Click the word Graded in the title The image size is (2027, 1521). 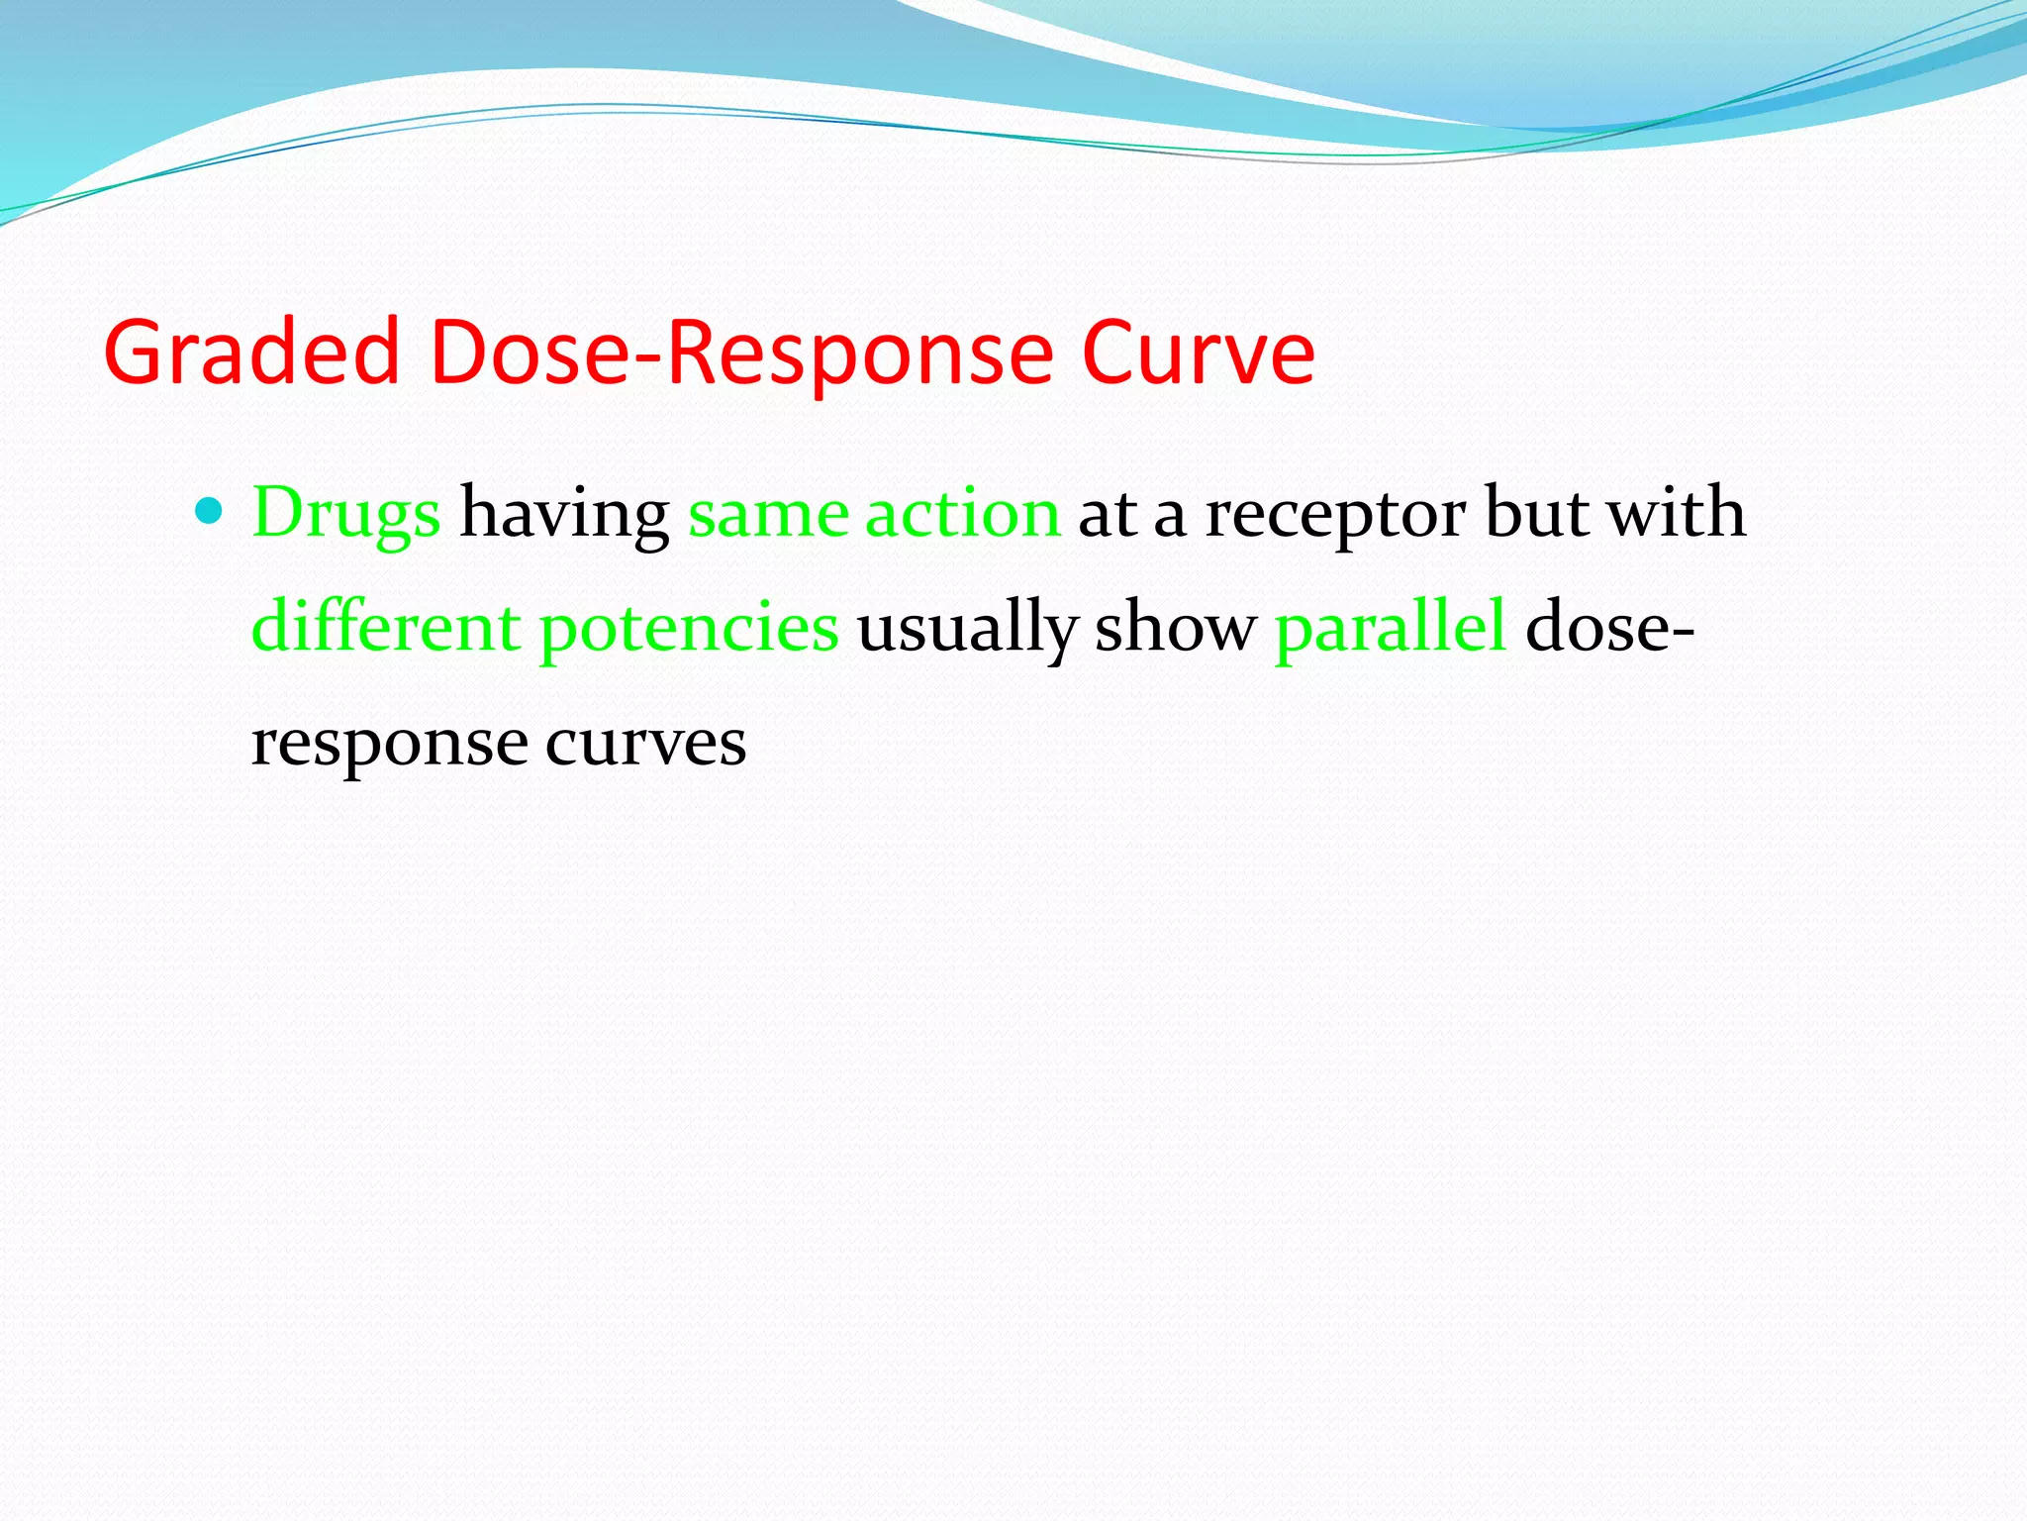coord(251,353)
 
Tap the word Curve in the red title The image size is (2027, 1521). coord(1198,353)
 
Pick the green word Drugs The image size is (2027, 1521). coord(345,515)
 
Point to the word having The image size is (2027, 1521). coord(564,515)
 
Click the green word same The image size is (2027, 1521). coord(768,515)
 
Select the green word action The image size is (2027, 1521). coord(962,515)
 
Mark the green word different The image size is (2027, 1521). coord(386,628)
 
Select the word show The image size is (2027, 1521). coord(1175,628)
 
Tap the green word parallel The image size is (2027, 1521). coord(1391,628)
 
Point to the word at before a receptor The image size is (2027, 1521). coord(1107,515)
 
